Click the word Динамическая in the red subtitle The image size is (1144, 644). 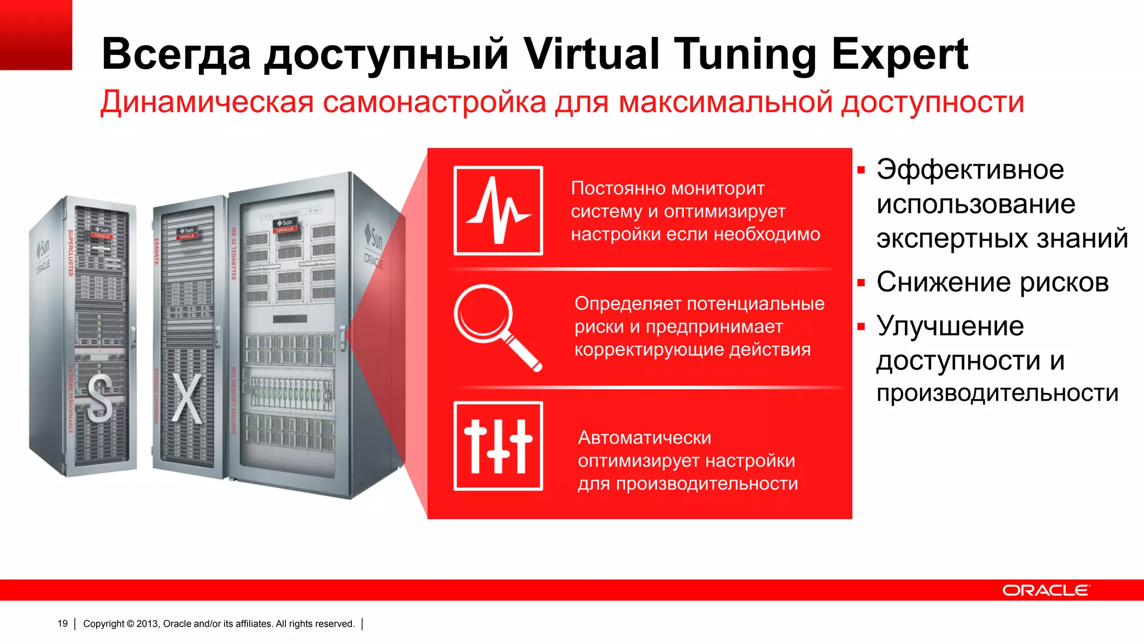pos(207,102)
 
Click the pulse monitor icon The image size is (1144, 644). pos(498,211)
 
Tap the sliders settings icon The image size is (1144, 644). pos(498,446)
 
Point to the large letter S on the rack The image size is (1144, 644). pos(99,397)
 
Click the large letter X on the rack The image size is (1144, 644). pos(187,399)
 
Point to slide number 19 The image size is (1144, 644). pos(63,624)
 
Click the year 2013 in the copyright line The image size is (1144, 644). pos(147,624)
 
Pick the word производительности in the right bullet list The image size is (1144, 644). pos(997,393)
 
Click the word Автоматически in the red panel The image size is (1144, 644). pos(645,438)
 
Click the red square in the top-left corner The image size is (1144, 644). pos(36,35)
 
